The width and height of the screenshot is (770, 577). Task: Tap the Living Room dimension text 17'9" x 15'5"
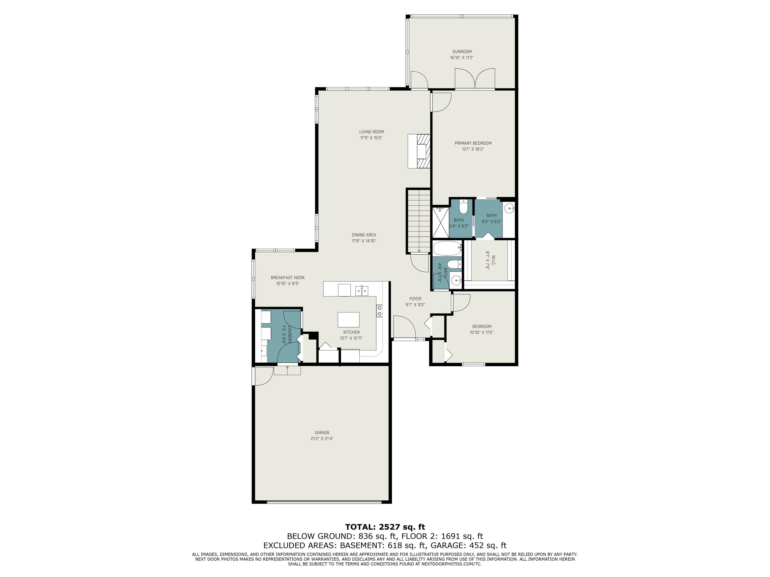point(371,138)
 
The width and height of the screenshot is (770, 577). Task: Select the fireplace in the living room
point(419,151)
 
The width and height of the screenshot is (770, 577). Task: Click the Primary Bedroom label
point(473,143)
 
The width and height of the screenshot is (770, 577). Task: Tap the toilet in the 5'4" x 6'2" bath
point(463,208)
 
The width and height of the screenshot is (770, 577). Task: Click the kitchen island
point(349,320)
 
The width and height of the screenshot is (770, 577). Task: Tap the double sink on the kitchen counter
point(362,290)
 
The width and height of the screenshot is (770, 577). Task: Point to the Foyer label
point(415,299)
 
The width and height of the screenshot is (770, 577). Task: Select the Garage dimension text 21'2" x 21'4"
point(322,439)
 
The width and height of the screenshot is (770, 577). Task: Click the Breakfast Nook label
point(287,277)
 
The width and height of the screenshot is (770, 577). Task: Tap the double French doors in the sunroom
point(475,79)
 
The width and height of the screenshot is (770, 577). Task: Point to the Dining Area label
point(364,235)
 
